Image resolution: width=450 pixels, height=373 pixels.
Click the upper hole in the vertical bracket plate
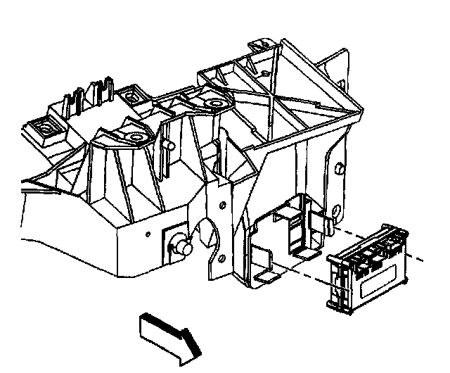coord(223,205)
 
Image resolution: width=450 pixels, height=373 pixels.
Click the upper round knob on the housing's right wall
coord(339,169)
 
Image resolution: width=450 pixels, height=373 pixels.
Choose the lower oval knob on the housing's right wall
coord(337,210)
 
